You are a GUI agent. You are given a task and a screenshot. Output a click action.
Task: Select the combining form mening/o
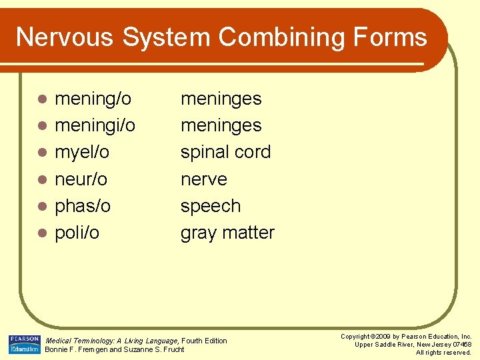[x=93, y=99]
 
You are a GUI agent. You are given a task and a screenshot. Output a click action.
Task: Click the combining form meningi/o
[x=95, y=126]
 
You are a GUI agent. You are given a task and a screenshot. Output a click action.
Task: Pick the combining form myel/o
[x=82, y=153]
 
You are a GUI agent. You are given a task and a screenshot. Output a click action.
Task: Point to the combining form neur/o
[x=81, y=179]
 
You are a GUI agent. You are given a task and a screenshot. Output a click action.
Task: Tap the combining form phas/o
[x=83, y=206]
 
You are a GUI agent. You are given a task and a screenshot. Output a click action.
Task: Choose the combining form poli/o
[x=77, y=233]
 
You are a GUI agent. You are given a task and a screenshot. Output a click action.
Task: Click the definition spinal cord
[x=225, y=153]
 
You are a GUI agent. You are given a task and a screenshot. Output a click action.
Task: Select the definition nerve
[x=203, y=179]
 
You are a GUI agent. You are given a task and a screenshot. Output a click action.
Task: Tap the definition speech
[x=210, y=206]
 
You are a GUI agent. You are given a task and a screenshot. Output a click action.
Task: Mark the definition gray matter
[x=227, y=233]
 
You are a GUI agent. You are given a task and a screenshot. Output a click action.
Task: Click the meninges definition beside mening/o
[x=221, y=99]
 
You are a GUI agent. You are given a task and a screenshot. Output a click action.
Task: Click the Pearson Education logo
[x=24, y=344]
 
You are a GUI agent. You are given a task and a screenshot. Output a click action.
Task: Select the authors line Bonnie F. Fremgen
[x=114, y=349]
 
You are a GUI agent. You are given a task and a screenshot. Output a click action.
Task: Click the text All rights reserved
[x=443, y=352]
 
